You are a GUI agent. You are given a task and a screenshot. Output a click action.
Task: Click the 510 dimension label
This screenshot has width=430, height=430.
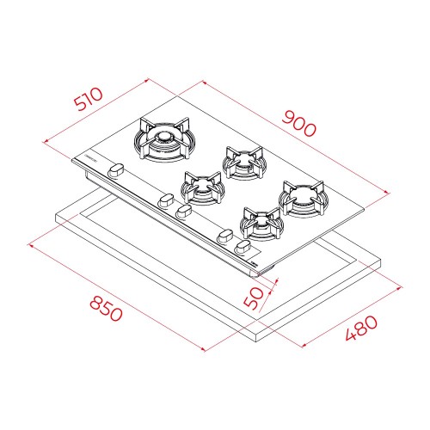pyautogui.click(x=88, y=100)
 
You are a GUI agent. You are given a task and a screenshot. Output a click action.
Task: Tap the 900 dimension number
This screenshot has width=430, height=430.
pyautogui.click(x=298, y=124)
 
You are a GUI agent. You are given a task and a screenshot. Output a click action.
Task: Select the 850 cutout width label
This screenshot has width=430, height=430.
pyautogui.click(x=106, y=309)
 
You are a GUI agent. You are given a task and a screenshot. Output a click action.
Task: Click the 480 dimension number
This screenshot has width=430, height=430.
pyautogui.click(x=361, y=328)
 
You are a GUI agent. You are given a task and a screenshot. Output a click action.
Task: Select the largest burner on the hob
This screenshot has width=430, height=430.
pyautogui.click(x=165, y=139)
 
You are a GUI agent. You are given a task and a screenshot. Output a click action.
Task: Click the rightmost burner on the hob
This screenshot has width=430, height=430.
pyautogui.click(x=304, y=199)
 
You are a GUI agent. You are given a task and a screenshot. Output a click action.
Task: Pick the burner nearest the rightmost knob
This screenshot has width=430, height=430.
pyautogui.click(x=261, y=224)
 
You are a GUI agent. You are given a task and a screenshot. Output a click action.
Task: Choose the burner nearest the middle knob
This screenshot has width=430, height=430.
pyautogui.click(x=203, y=187)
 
